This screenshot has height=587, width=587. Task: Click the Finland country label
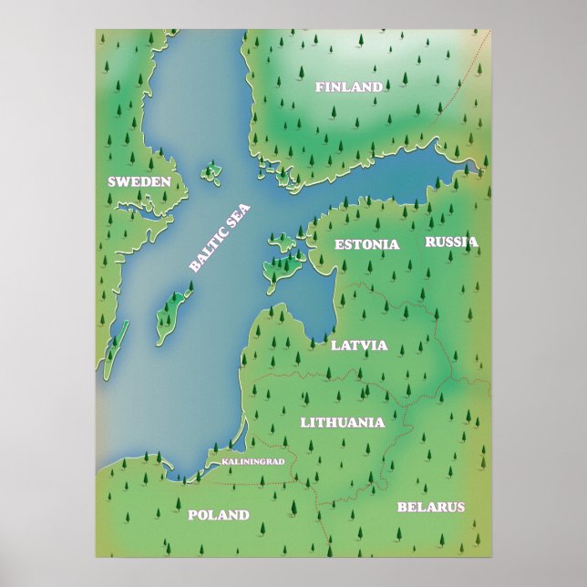348,88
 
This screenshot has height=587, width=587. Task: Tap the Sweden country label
139,181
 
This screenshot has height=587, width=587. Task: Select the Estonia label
366,244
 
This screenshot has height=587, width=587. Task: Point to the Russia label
451,242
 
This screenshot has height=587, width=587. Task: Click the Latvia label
359,345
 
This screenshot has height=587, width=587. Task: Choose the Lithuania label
342,422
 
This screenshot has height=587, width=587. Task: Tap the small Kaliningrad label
253,461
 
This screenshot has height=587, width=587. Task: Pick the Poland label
218,515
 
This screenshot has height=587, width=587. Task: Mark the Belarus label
431,507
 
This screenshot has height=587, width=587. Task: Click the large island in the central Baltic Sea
172,310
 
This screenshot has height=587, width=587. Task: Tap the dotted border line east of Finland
460,91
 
